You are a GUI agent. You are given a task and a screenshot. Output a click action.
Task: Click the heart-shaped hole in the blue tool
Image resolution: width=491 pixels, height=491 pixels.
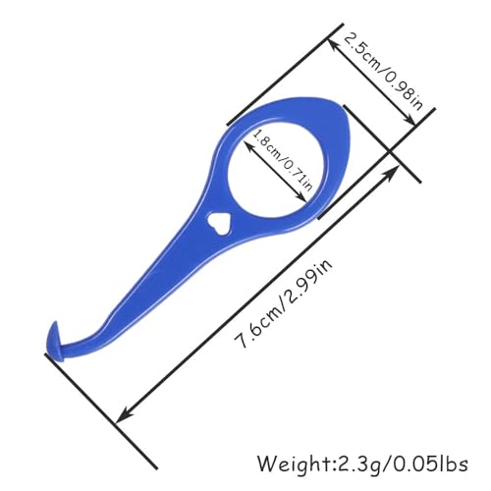coord(220,224)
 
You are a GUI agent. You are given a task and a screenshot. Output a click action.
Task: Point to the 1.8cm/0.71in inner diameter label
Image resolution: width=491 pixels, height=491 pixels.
coord(282,160)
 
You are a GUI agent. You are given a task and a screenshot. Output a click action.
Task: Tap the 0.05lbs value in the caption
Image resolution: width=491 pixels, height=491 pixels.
coord(430,464)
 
